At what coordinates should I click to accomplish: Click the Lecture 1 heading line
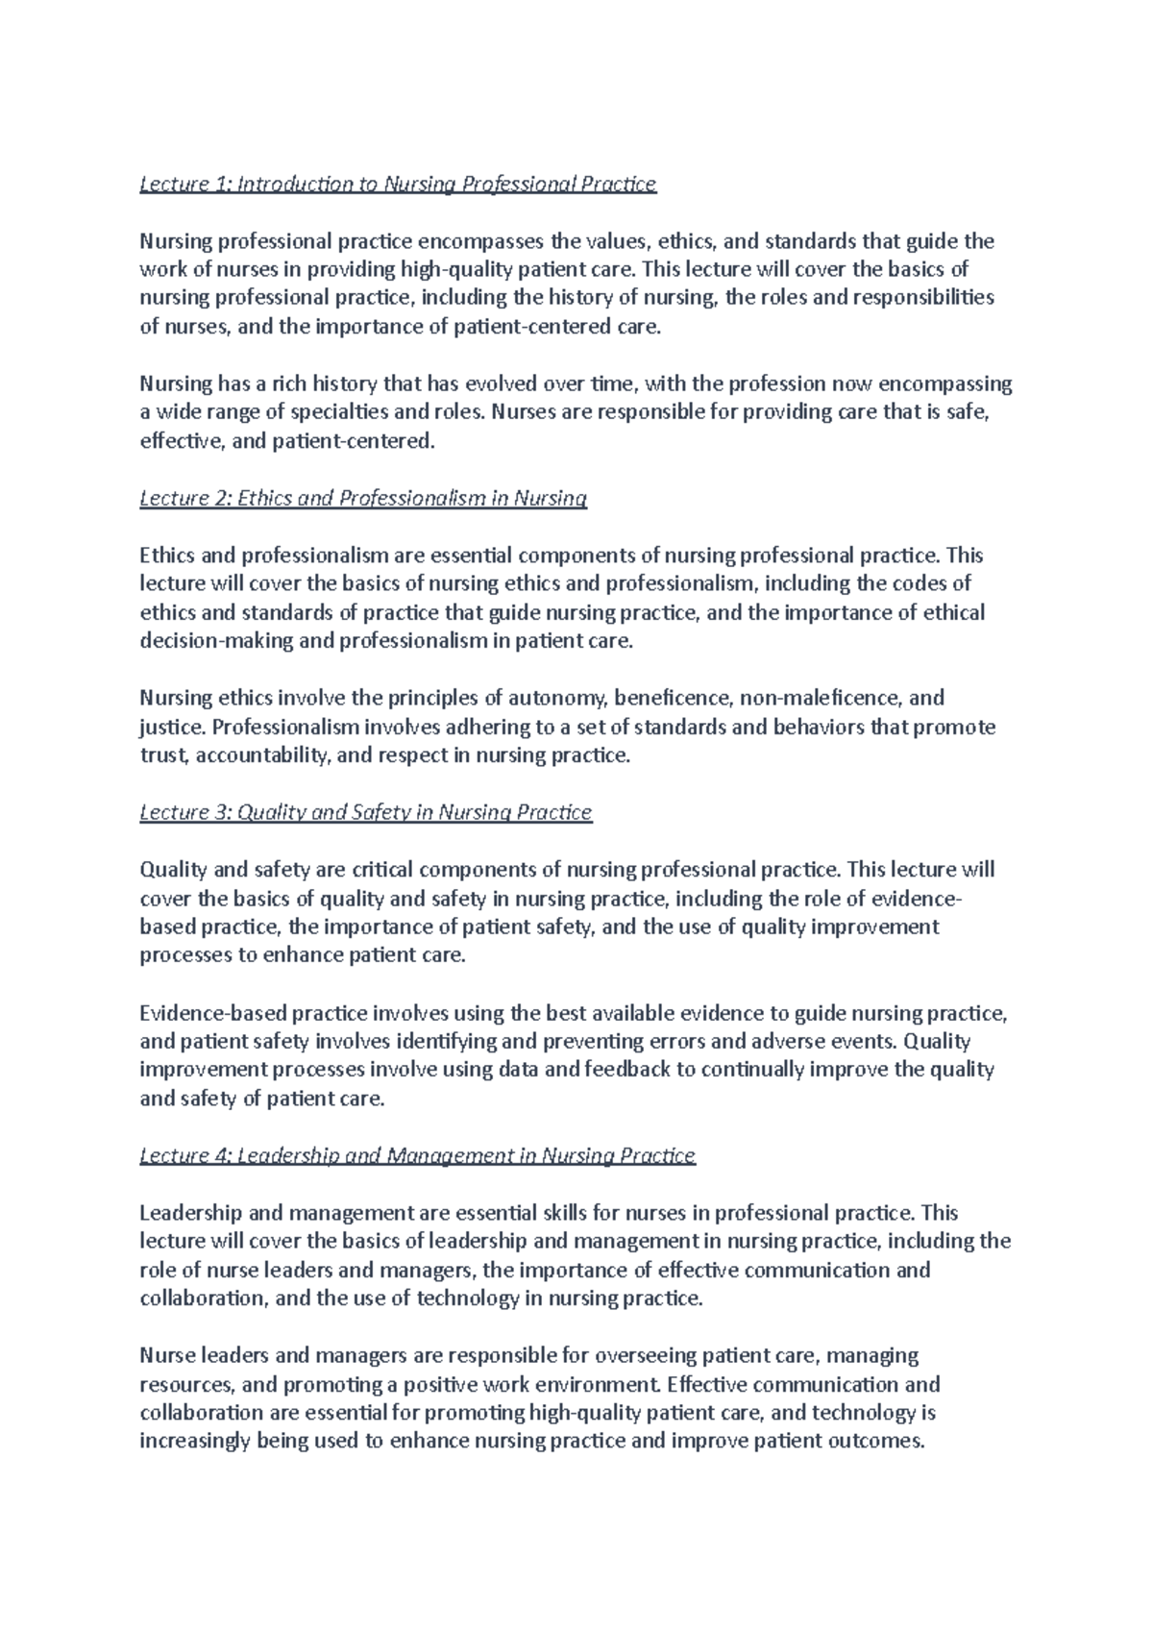pyautogui.click(x=398, y=184)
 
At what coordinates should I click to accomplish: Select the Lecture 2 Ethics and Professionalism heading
pyautogui.click(x=363, y=498)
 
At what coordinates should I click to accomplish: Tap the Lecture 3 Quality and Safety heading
pyautogui.click(x=366, y=812)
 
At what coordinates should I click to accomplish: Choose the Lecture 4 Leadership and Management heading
pyautogui.click(x=417, y=1155)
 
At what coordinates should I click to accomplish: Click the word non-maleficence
pyautogui.click(x=818, y=698)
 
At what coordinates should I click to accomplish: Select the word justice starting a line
pyautogui.click(x=165, y=727)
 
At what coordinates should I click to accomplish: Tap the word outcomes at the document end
pyautogui.click(x=874, y=1442)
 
